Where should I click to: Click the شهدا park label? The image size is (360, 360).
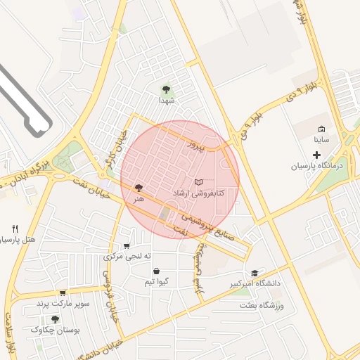pyautogui.click(x=166, y=101)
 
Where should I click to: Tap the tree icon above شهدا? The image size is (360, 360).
pyautogui.click(x=166, y=89)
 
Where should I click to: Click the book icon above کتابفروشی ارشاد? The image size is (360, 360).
pyautogui.click(x=198, y=181)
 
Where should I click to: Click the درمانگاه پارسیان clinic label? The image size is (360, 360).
pyautogui.click(x=316, y=166)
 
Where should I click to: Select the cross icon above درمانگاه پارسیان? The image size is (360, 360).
pyautogui.click(x=316, y=154)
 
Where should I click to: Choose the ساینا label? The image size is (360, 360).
pyautogui.click(x=321, y=140)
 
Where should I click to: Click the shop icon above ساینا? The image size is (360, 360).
pyautogui.click(x=321, y=129)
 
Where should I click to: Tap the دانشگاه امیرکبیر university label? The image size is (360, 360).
pyautogui.click(x=255, y=283)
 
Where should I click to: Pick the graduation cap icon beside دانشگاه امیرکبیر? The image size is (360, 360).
pyautogui.click(x=255, y=273)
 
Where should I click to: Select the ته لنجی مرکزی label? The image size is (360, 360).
pyautogui.click(x=127, y=257)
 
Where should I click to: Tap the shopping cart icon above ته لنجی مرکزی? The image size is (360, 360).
pyautogui.click(x=127, y=246)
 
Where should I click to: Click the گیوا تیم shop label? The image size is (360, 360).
pyautogui.click(x=155, y=282)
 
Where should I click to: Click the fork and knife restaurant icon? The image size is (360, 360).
pyautogui.click(x=15, y=229)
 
